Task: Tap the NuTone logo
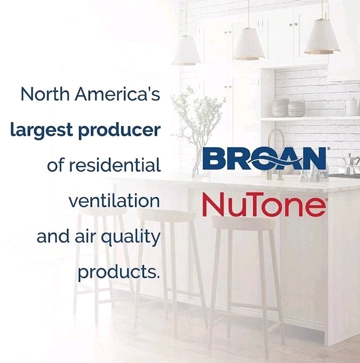(263, 205)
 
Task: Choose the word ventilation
(114, 201)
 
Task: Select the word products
(118, 273)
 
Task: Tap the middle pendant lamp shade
(249, 46)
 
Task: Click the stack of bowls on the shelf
(289, 108)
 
